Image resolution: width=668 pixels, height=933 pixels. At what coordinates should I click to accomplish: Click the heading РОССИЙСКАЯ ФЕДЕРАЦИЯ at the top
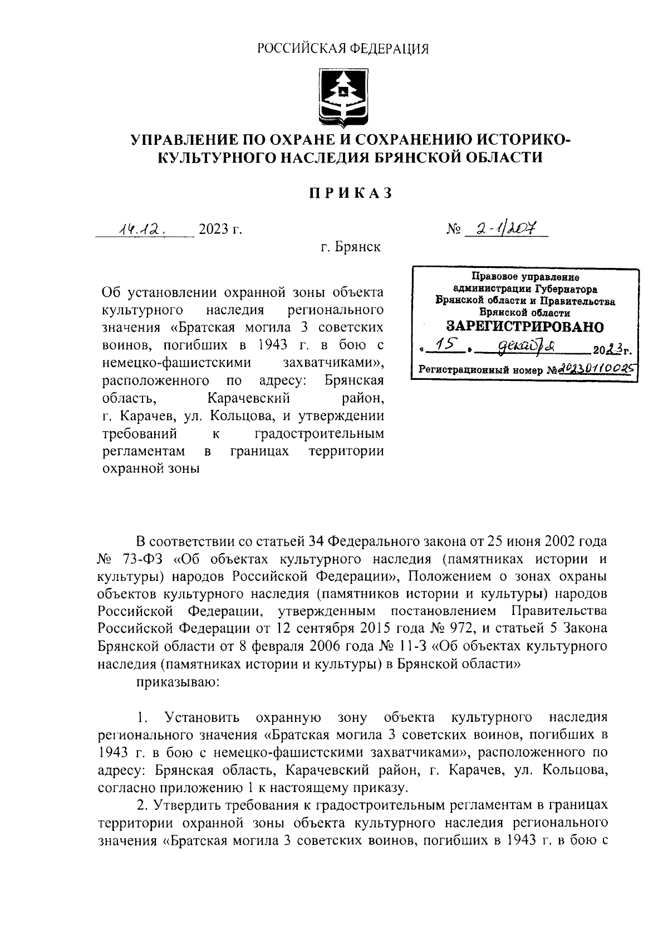[343, 49]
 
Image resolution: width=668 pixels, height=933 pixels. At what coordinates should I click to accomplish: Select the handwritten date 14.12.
[142, 229]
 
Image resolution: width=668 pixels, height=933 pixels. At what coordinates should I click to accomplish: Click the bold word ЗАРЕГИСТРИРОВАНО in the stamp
[525, 326]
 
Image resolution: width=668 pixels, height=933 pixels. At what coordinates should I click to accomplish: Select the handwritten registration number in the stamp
[596, 368]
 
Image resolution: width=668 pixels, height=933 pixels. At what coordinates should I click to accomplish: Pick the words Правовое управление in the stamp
[525, 277]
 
